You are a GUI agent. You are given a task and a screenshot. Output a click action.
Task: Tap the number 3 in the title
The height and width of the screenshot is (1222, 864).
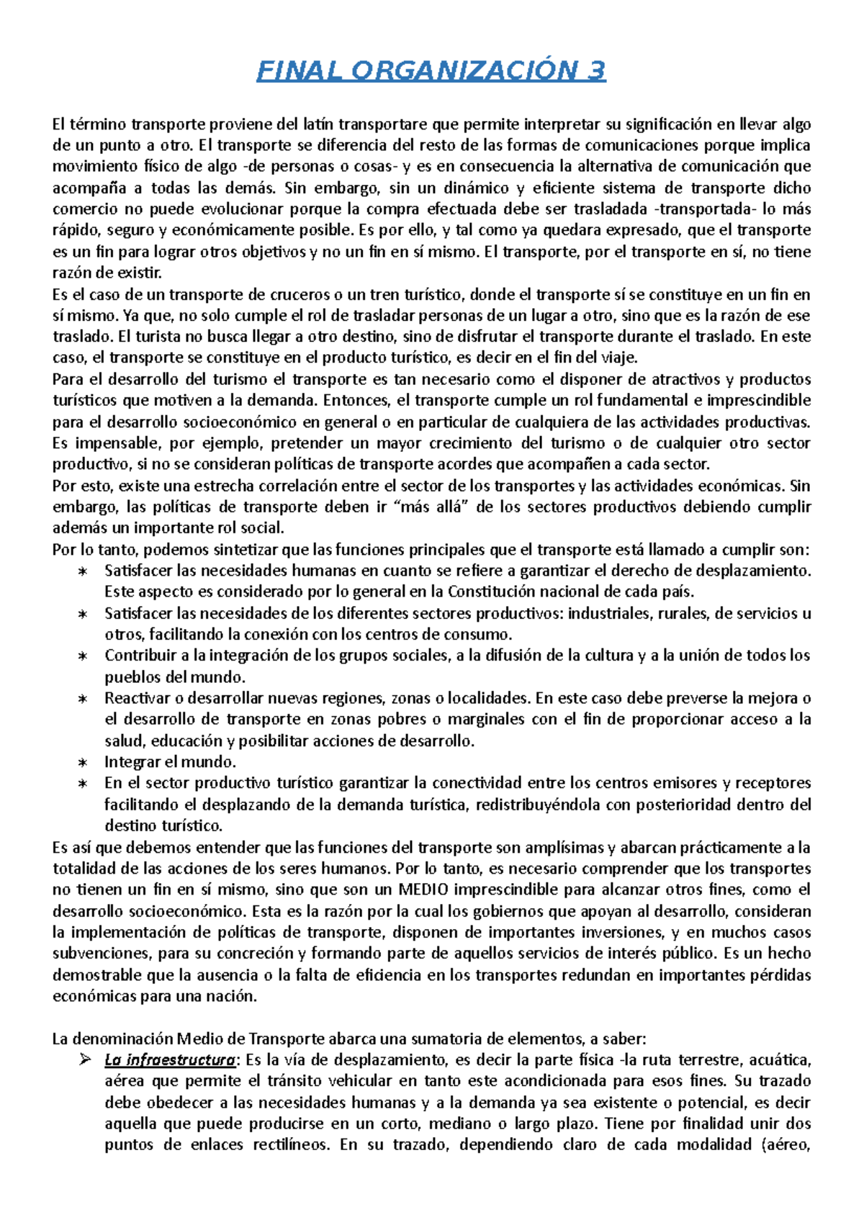[596, 71]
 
